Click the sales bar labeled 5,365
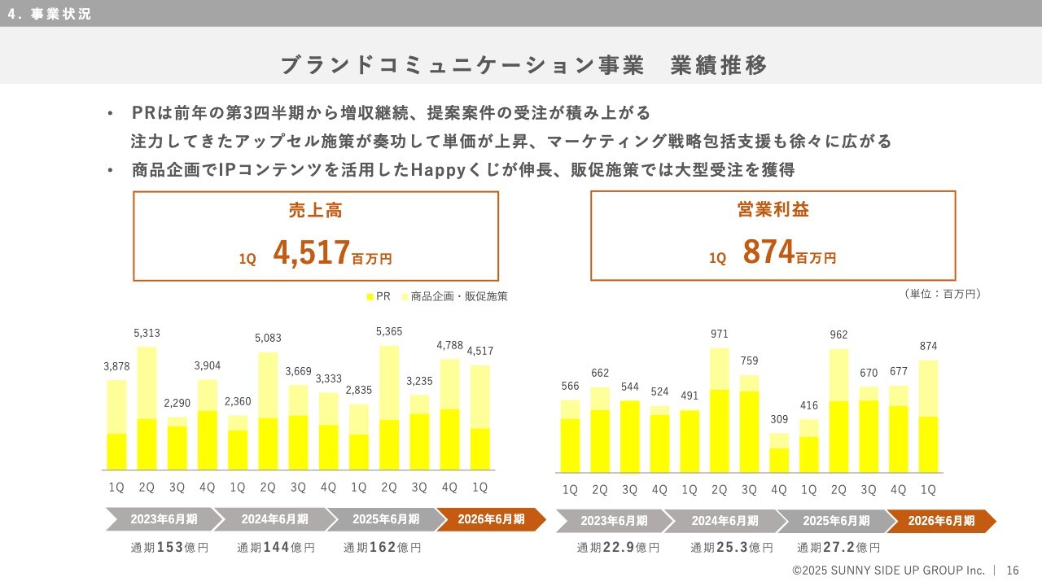389,407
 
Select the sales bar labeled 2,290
177,444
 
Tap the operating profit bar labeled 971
720,411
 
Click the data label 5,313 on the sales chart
147,333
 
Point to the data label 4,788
449,345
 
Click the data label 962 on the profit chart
838,335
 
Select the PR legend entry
379,297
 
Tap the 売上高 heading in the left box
315,210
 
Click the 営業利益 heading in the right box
773,210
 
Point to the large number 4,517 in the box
312,253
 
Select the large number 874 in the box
768,253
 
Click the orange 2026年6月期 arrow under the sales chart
491,519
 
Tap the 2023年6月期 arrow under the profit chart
614,521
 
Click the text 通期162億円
382,548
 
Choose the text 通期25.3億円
731,548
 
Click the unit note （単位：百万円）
942,294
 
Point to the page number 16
1013,571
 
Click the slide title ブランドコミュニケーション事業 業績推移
523,66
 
